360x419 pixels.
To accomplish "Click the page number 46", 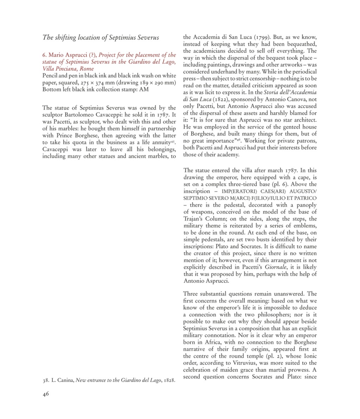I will coord(46,394).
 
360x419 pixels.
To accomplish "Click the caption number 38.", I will coord(45,381).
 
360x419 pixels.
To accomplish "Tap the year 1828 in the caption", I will coord(169,381).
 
